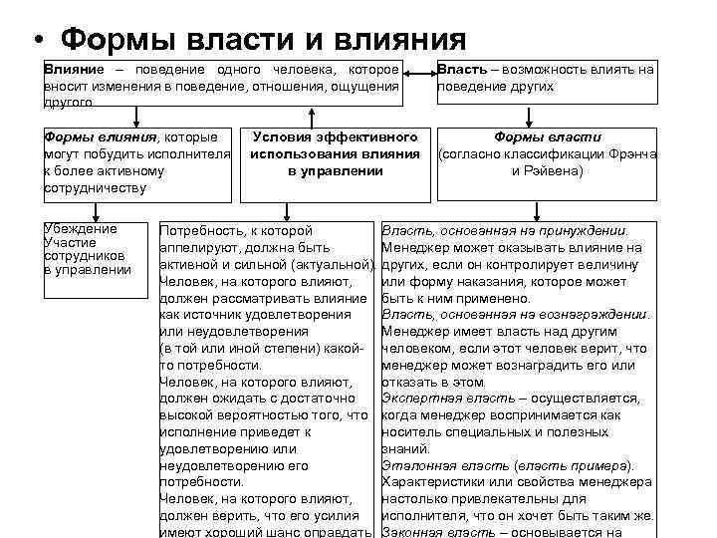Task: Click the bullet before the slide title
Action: (x=36, y=42)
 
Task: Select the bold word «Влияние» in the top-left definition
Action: (x=73, y=70)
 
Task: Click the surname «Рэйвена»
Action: (x=559, y=170)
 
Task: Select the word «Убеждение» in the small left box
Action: (x=81, y=228)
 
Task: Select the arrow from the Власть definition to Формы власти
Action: (x=547, y=116)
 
